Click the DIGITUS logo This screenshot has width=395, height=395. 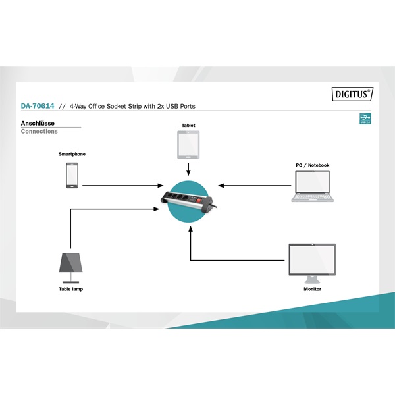click(x=352, y=94)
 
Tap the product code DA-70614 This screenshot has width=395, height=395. click(x=38, y=106)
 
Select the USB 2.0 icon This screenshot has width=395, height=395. click(x=365, y=118)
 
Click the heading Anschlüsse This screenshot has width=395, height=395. click(x=38, y=124)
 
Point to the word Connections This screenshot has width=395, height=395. click(x=39, y=131)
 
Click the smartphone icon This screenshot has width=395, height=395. click(x=72, y=175)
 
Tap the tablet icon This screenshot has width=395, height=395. click(x=188, y=145)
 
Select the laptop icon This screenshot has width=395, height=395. click(x=312, y=186)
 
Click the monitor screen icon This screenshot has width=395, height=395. click(x=312, y=263)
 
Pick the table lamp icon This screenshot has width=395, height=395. click(x=71, y=268)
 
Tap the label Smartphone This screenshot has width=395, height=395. click(x=72, y=154)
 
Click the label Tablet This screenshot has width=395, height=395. click(x=188, y=125)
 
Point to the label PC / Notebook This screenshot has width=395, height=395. click(x=313, y=165)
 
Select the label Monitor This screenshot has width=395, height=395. click(x=312, y=289)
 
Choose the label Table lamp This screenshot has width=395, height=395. click(x=71, y=289)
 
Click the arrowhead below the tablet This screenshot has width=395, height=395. click(x=188, y=172)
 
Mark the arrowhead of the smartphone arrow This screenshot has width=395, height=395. click(x=161, y=186)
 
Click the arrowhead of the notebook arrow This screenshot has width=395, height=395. click(x=221, y=186)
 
